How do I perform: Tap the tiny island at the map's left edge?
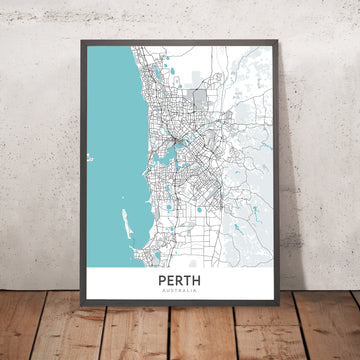90,158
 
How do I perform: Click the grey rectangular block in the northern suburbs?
199,100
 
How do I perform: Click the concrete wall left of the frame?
35,150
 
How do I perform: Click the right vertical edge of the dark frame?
278,180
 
